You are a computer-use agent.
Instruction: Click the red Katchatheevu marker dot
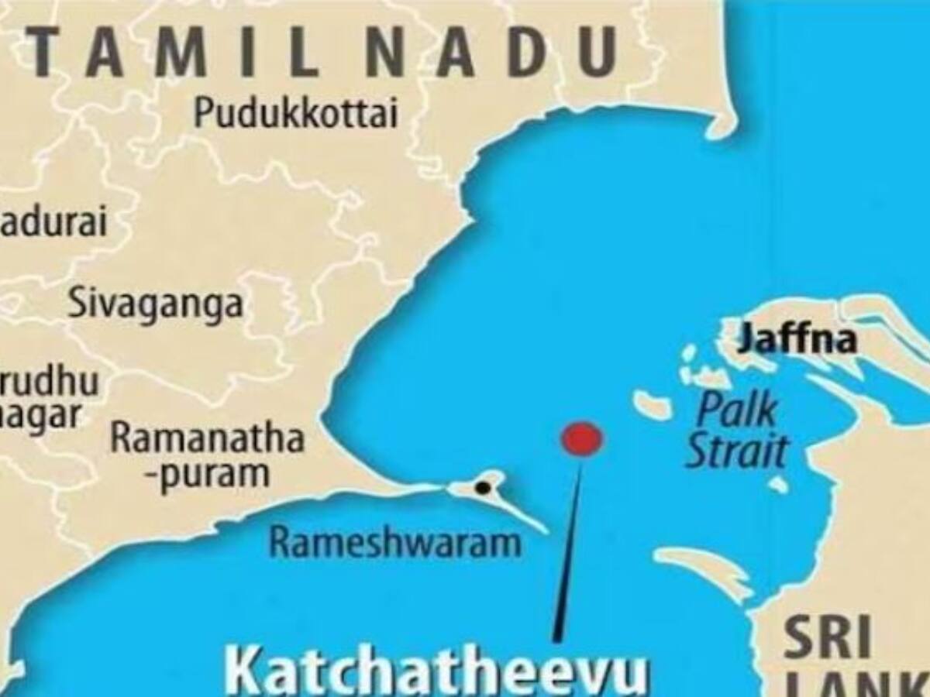[581, 438]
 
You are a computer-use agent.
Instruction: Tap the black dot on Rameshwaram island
[482, 488]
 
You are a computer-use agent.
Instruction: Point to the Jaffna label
[797, 338]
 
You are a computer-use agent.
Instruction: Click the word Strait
[737, 451]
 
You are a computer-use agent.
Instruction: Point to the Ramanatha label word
[207, 438]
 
